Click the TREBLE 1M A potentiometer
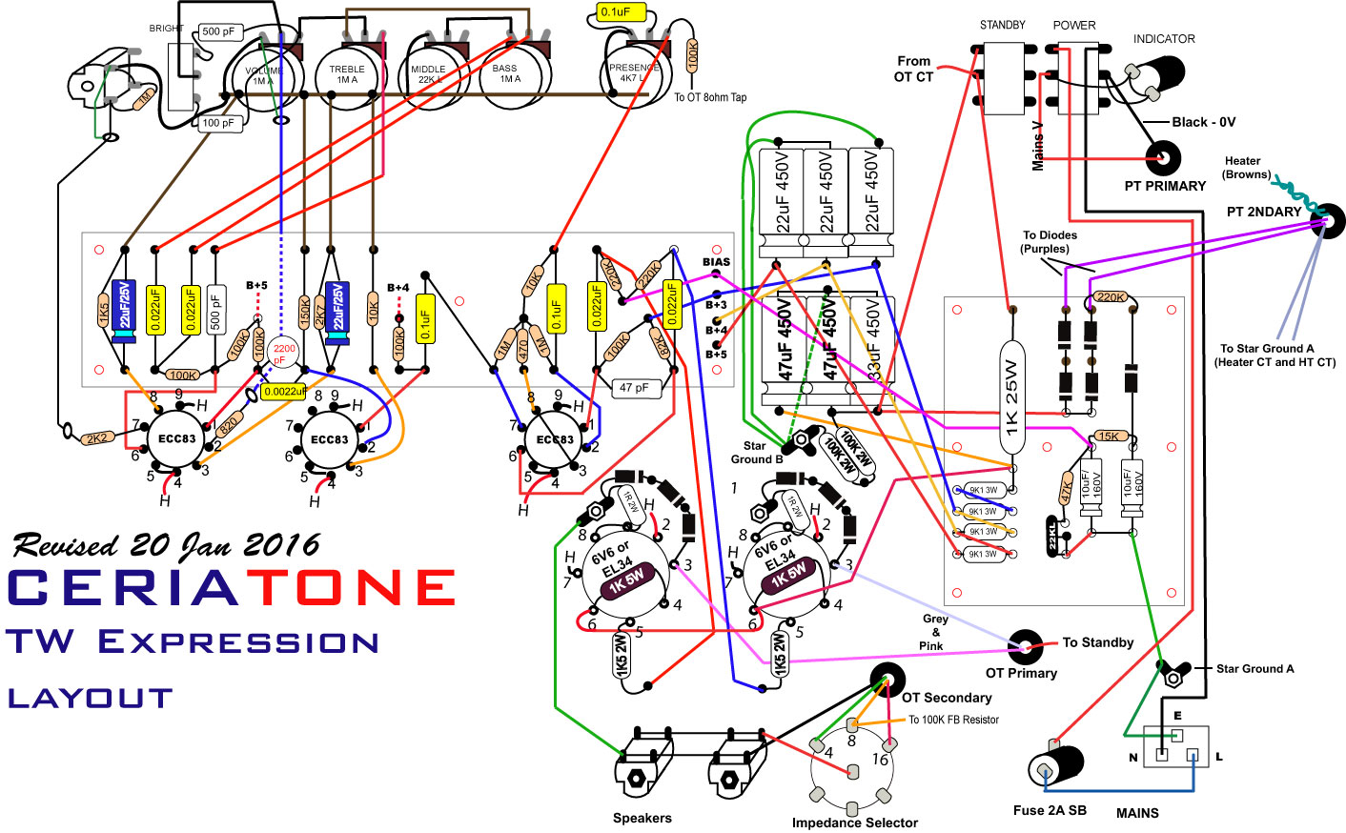tap(347, 74)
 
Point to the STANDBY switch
tap(1002, 78)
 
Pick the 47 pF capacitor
tap(634, 388)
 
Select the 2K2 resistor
tap(96, 438)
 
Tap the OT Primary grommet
tap(1026, 647)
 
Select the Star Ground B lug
tap(799, 442)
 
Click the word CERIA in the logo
tap(124, 588)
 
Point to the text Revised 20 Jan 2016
tap(166, 545)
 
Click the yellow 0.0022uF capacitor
tap(283, 392)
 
